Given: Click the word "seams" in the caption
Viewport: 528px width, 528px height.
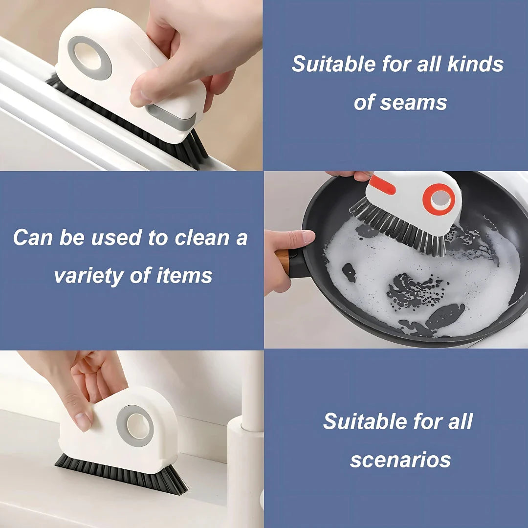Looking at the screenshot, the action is point(414,103).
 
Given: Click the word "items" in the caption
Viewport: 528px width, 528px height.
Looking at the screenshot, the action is point(184,275).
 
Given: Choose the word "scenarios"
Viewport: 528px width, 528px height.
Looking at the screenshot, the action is point(400,460).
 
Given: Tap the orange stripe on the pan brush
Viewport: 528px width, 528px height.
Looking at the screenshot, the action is point(382,184).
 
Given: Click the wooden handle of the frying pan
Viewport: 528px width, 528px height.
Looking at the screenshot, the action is point(283,261).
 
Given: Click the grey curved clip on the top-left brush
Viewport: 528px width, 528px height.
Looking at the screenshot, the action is point(172,118).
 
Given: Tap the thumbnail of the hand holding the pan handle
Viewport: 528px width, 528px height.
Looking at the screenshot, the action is point(308,237).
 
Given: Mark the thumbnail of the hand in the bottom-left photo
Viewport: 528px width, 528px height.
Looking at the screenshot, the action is point(83,421).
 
